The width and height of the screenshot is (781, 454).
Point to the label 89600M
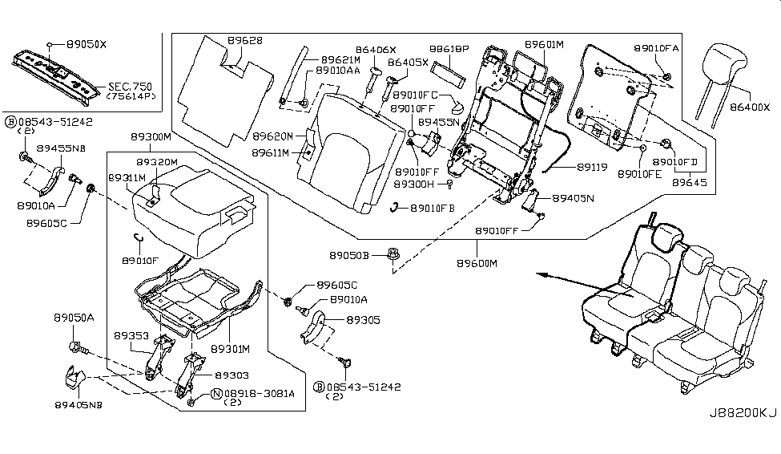(x=477, y=263)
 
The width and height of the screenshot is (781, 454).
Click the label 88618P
(x=449, y=49)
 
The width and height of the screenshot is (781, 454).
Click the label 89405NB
(x=79, y=403)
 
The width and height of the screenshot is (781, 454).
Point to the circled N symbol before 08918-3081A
(x=216, y=393)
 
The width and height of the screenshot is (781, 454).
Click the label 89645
(x=689, y=184)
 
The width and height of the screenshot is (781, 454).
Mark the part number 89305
(x=364, y=319)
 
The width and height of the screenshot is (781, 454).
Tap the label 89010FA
(x=657, y=48)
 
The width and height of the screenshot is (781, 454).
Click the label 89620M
(x=272, y=136)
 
